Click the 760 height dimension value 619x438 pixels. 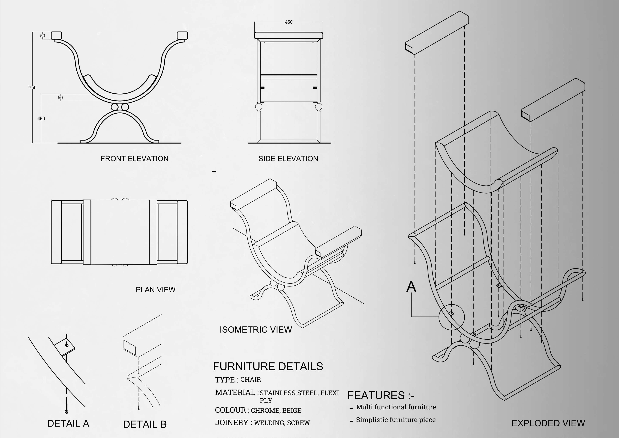(33, 87)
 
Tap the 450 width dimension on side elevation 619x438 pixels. (289, 22)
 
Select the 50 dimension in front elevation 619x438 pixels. (43, 36)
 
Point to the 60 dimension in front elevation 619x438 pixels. (60, 98)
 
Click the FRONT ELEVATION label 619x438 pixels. (134, 159)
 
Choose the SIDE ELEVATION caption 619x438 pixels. (288, 159)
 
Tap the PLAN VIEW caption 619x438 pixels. (156, 290)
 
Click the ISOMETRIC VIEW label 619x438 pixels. (256, 330)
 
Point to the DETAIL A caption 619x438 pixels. (68, 423)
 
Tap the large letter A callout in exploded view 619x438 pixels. (411, 287)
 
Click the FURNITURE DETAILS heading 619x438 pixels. (268, 366)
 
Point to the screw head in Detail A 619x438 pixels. (67, 412)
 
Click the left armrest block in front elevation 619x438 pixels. (56, 35)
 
